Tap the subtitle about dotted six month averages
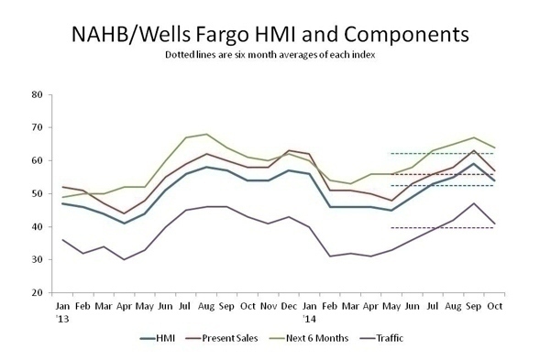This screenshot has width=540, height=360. [x=270, y=57]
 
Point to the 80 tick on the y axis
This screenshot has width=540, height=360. [x=38, y=94]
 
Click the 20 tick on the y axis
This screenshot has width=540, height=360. [x=38, y=292]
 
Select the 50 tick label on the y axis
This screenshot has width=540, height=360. [x=38, y=193]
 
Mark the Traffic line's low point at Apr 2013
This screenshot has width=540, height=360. [x=123, y=259]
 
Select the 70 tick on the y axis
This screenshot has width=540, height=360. [x=38, y=127]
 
